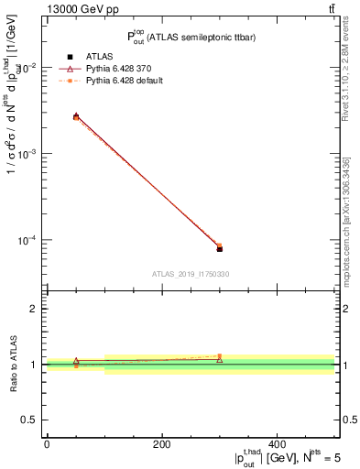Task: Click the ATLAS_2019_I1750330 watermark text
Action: coord(190,274)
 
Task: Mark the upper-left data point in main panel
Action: coord(76,116)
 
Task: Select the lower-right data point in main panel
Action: coord(220,248)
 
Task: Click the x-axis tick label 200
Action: coord(162,444)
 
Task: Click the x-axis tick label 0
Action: coord(47,444)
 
